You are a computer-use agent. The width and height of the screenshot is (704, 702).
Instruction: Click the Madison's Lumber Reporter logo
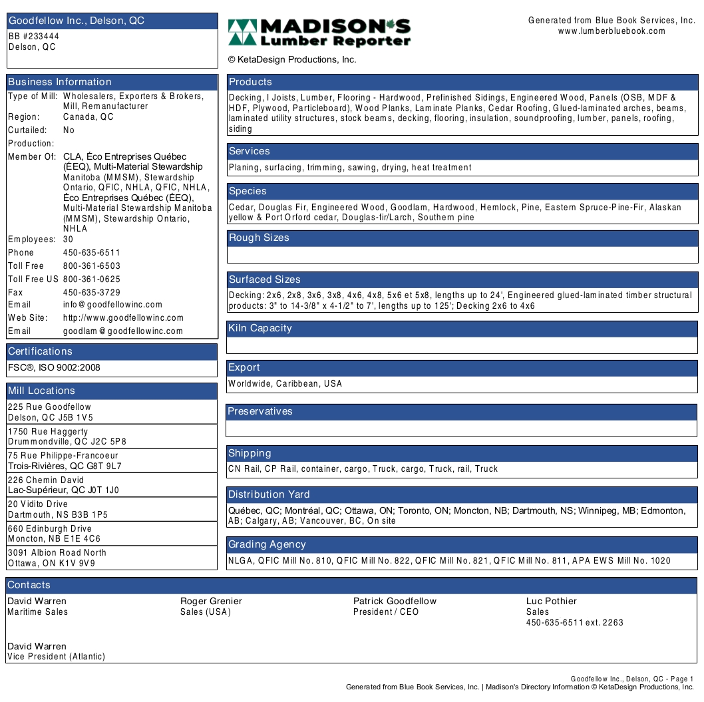[319, 33]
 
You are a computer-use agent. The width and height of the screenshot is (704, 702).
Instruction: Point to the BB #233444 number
[34, 37]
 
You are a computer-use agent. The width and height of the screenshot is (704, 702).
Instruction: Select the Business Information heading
[60, 82]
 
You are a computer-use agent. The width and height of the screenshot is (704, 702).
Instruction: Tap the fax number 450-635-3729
[92, 292]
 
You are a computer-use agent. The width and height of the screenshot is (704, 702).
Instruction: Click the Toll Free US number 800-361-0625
[92, 279]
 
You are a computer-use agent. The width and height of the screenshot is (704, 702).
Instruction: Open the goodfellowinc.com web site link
[123, 317]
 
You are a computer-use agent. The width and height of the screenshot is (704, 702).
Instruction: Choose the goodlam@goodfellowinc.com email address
[123, 331]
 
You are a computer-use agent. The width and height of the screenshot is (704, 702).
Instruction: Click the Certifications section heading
[40, 351]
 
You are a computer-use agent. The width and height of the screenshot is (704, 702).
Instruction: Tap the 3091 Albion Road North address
[57, 552]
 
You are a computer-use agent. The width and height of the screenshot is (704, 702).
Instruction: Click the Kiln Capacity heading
[260, 328]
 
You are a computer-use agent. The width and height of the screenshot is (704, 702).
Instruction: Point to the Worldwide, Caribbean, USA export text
[285, 383]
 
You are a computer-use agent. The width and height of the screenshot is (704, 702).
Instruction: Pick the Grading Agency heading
[267, 544]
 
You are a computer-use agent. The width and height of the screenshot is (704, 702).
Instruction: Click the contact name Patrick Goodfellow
[395, 601]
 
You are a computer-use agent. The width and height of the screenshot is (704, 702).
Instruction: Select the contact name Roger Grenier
[211, 601]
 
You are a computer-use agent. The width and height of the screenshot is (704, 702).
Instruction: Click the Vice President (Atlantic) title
[57, 657]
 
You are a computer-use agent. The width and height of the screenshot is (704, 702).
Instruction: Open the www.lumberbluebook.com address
[612, 31]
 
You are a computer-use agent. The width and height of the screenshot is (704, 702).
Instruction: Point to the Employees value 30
[68, 239]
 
